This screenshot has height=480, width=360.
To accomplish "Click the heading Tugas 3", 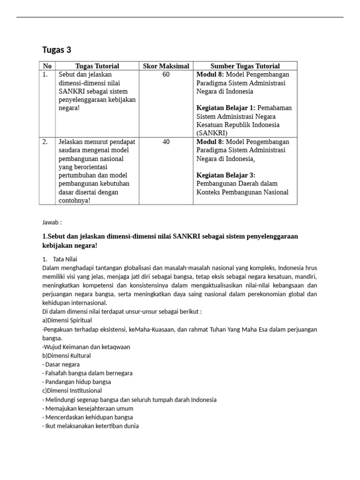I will coord(57,50).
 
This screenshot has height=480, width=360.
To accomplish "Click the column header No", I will coord(47,66).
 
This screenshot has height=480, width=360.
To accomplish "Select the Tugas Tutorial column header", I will coord(97,66).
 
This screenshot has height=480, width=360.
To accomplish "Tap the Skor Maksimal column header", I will coord(166,66).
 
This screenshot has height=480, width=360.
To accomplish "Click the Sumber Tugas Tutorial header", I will coord(245,66).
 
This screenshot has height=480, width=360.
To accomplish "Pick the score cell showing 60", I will coord(166,75).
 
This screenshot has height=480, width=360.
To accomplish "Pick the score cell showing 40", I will coord(166,142).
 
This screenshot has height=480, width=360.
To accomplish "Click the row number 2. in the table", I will coord(45,142).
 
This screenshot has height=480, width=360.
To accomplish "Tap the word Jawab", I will coord(51,222).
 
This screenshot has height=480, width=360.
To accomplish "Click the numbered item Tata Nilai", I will coord(65,259).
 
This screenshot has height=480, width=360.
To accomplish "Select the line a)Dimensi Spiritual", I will coord(67,320).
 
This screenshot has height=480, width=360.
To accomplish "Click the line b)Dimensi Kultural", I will coord(66,355).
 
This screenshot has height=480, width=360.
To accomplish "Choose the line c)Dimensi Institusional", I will coord(72,390).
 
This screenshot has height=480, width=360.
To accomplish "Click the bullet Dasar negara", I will coord(61,364).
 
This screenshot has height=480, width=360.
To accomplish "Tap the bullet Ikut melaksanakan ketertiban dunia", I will coord(90,426).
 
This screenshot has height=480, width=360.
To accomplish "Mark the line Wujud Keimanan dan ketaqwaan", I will coord(86,347).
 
